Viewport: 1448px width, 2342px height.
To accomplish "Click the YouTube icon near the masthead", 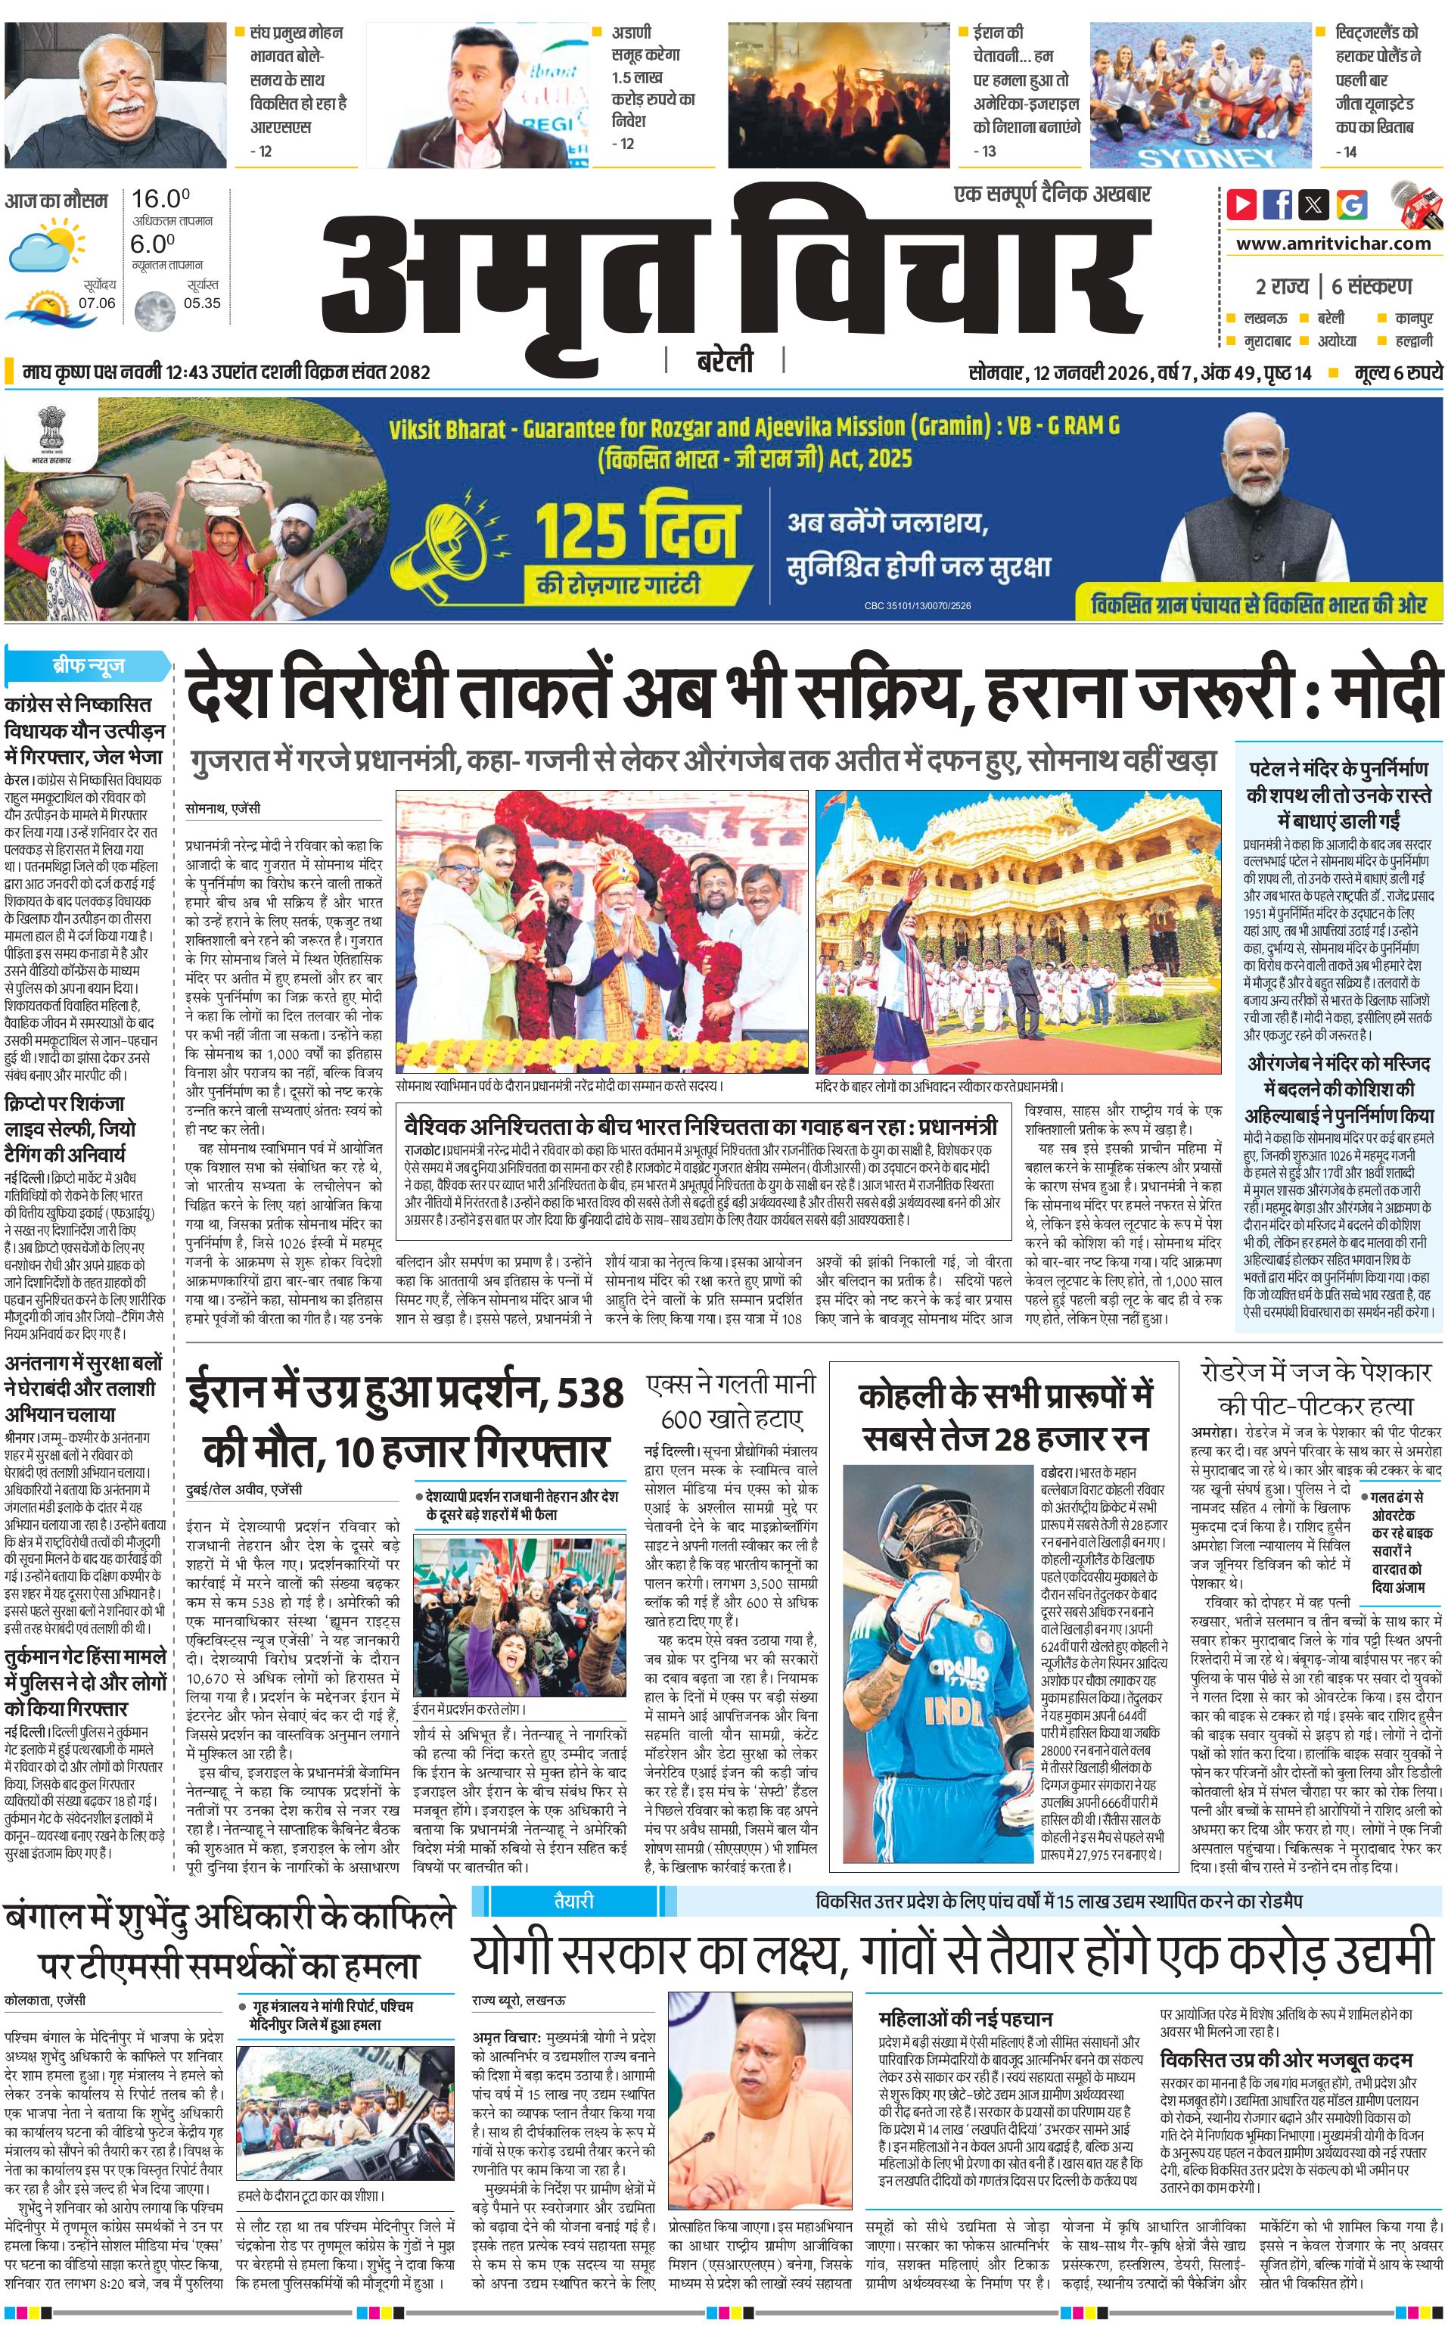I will pyautogui.click(x=1242, y=204).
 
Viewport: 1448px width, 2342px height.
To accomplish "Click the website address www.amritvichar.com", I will pyautogui.click(x=1333, y=244).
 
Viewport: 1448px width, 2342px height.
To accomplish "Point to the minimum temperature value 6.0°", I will pyautogui.click(x=154, y=244).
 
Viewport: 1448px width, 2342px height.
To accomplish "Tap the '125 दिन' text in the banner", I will pyautogui.click(x=637, y=530).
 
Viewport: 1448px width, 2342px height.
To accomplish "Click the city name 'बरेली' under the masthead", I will pyautogui.click(x=724, y=361).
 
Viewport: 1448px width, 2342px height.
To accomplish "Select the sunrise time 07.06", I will pyautogui.click(x=97, y=303).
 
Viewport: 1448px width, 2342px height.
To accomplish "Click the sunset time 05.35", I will pyautogui.click(x=202, y=303).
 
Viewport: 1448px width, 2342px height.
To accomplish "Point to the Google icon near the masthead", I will pyautogui.click(x=1352, y=204).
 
